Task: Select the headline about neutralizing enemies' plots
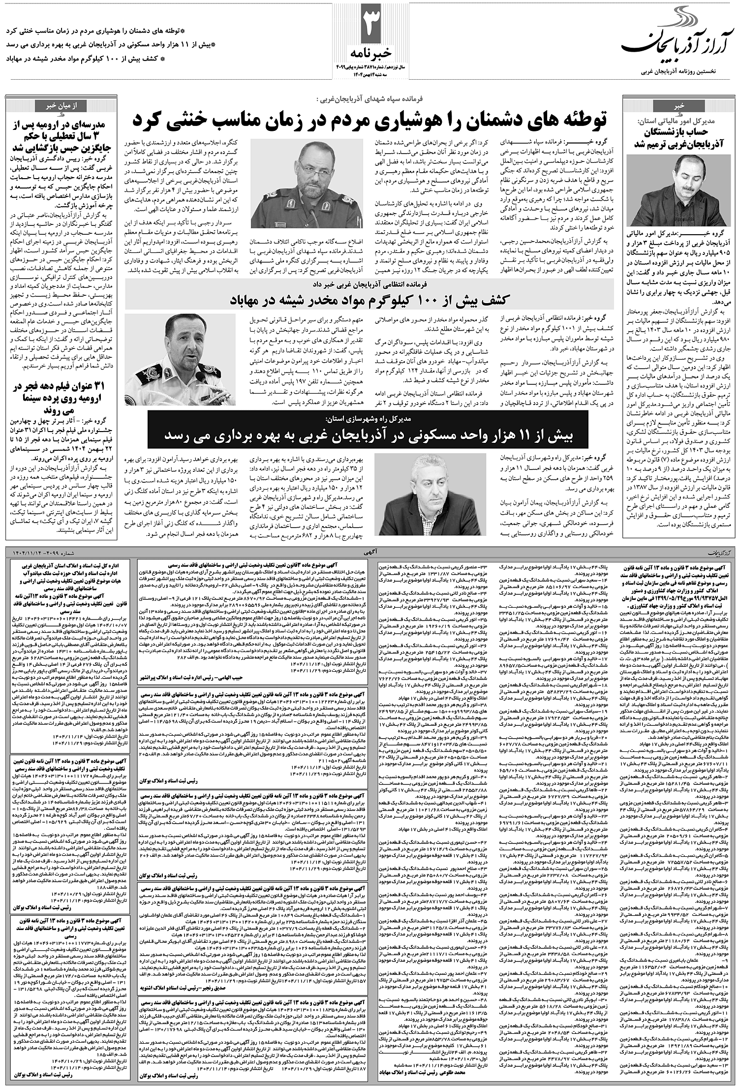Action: pos(369,120)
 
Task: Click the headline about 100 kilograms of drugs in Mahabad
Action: pos(369,300)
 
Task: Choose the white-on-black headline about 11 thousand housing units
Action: pos(369,435)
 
